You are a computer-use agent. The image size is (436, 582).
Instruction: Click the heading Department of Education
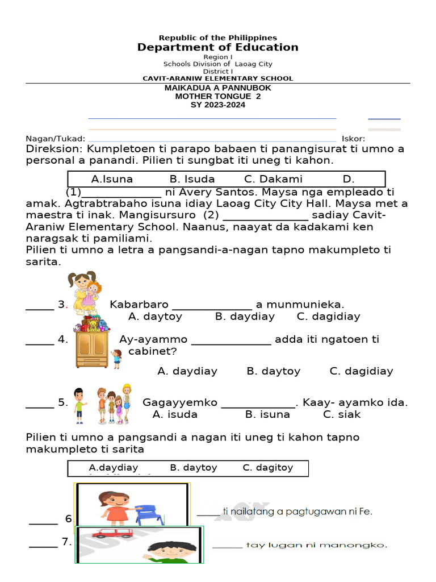point(217,47)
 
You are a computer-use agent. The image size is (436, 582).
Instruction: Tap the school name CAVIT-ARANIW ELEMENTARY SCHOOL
point(217,78)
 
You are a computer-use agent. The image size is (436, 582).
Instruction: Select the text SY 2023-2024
point(217,105)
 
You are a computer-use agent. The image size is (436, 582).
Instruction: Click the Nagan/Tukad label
point(55,139)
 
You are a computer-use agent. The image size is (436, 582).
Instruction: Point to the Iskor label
point(353,139)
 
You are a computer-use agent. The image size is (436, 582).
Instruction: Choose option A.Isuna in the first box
point(112,179)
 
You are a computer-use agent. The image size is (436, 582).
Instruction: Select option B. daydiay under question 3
point(245,317)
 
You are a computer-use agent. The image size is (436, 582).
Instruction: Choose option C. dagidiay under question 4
point(361,371)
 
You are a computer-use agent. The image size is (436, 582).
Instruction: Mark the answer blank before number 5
point(40,403)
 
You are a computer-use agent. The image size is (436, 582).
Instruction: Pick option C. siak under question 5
point(342,414)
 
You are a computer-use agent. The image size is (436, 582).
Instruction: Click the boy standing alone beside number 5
point(79,405)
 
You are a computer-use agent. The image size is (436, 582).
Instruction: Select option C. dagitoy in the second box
point(267,468)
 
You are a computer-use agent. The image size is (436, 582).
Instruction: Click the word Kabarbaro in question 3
point(138,305)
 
